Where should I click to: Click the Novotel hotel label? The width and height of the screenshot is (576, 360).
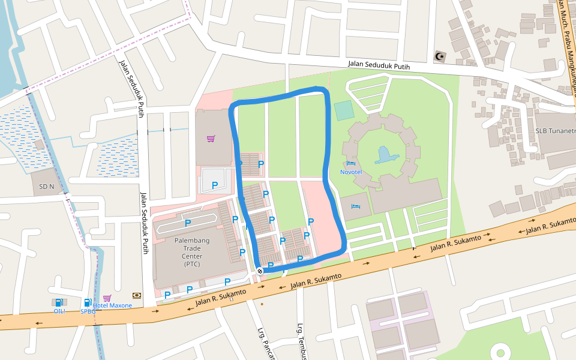[x=351, y=172]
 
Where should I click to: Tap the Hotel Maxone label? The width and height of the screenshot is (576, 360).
[x=112, y=305]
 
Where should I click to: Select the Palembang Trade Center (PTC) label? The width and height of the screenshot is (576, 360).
[x=188, y=251]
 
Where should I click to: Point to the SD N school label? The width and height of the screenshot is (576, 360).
[x=47, y=187]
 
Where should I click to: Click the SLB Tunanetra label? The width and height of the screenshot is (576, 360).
[x=555, y=131]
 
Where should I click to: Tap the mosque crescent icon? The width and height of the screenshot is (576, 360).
[x=440, y=56]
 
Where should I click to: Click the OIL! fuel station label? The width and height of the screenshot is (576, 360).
[x=59, y=311]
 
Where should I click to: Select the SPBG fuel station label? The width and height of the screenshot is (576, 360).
[x=88, y=311]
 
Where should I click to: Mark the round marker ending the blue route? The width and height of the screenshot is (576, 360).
[x=260, y=271]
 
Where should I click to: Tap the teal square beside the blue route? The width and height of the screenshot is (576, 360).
[x=344, y=110]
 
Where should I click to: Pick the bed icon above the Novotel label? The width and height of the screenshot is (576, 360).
[x=351, y=163]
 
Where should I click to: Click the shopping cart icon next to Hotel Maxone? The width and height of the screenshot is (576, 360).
[x=107, y=298]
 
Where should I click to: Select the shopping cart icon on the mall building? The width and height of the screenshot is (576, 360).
[x=211, y=139]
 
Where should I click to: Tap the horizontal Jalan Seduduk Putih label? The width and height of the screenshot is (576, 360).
[x=379, y=66]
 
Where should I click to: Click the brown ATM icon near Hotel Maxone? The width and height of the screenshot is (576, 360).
[x=137, y=295]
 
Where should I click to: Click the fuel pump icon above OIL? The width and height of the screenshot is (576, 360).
[x=59, y=302]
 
